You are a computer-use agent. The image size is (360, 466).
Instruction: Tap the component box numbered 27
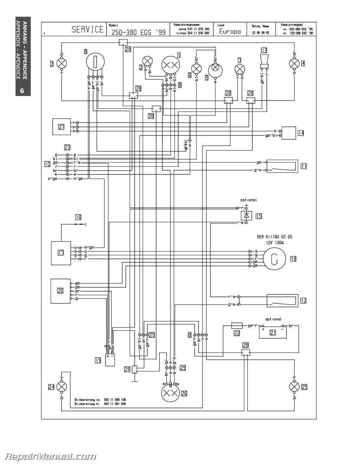tap(62, 127)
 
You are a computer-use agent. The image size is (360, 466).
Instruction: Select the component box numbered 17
tap(61, 253)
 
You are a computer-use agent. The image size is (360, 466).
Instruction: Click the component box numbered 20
tap(60, 291)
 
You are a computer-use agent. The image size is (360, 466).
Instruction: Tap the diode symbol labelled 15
tap(246, 215)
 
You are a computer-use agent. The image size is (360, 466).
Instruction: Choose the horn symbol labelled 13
tap(264, 60)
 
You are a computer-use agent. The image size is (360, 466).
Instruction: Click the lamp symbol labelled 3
tap(62, 64)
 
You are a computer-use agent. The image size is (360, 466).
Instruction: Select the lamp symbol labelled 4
tap(294, 64)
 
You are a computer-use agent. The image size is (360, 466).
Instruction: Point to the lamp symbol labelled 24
tap(62, 387)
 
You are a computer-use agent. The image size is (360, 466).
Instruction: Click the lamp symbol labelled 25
tap(294, 387)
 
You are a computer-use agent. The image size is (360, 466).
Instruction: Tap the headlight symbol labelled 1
tap(171, 65)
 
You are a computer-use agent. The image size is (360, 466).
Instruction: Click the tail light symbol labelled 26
tap(171, 393)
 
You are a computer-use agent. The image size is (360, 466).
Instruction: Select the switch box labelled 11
tap(282, 166)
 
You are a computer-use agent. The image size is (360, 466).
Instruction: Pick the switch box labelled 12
tap(282, 300)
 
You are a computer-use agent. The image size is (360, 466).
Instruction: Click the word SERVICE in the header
tap(88, 30)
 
